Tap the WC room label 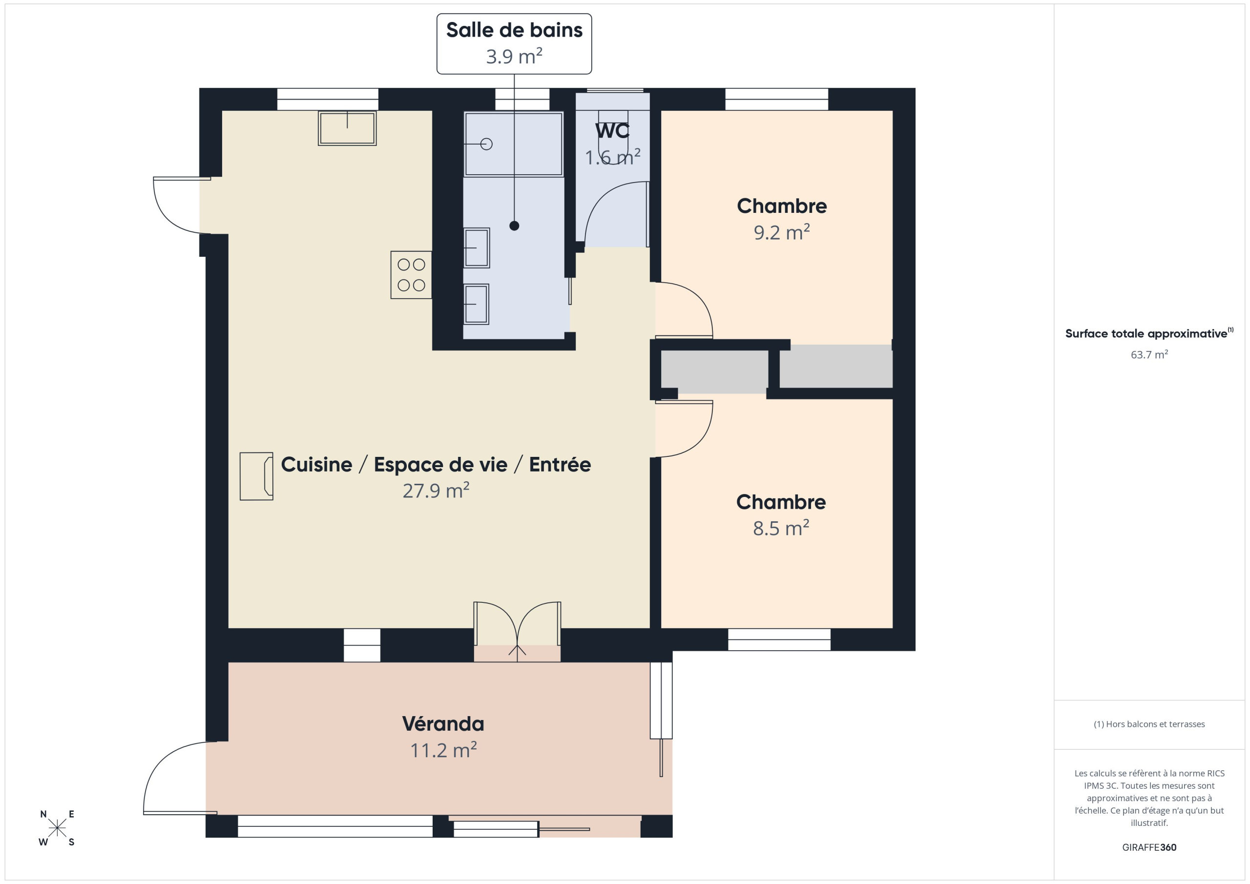tap(612, 131)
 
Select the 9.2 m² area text tap(781, 232)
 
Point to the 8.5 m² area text tap(781, 528)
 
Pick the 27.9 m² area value tap(436, 491)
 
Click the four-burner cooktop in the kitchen tap(411, 275)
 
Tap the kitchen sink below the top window tap(347, 128)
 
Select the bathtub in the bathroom tap(513, 144)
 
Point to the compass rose tap(57, 828)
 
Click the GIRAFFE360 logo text tap(1149, 847)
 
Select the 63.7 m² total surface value tap(1149, 354)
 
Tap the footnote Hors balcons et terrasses tap(1149, 724)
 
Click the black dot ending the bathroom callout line tap(514, 226)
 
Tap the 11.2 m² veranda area tap(443, 751)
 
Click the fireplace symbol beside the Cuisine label tap(256, 476)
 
